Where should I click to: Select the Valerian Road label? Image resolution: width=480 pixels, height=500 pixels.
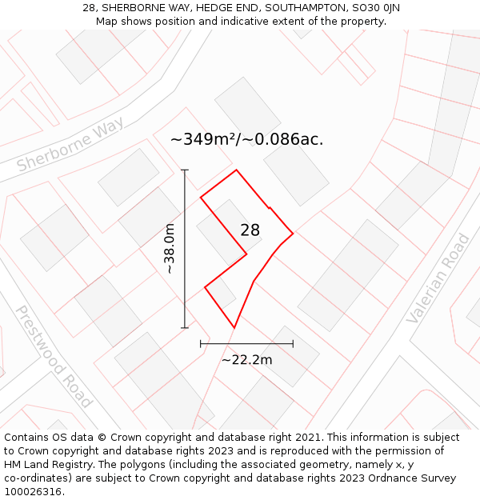438,279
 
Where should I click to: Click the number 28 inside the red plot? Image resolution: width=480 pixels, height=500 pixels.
250,230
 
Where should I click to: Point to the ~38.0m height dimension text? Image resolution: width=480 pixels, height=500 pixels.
170,250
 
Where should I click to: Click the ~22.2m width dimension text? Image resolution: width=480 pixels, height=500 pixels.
246,360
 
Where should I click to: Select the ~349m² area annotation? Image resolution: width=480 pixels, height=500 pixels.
246,139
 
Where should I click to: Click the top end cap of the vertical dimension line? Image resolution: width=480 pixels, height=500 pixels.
185,170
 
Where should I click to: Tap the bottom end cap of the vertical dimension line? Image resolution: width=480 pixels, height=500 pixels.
185,327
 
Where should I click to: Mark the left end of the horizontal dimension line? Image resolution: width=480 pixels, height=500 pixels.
200,343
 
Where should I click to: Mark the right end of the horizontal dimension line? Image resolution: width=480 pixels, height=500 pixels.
293,343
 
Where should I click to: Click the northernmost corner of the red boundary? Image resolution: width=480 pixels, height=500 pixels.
236,170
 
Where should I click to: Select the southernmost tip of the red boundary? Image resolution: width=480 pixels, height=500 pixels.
234,328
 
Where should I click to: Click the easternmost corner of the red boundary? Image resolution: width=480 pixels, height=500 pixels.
293,233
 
